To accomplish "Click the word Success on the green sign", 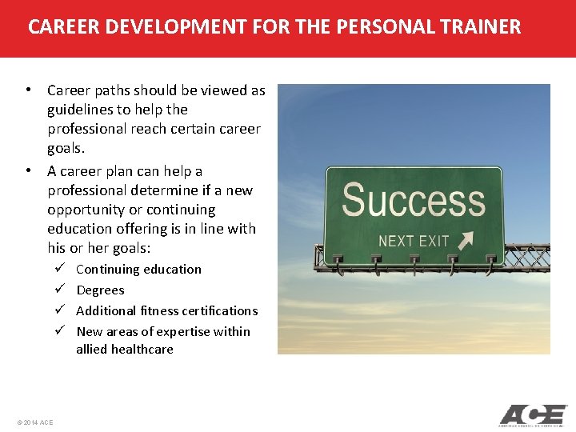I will [413, 200].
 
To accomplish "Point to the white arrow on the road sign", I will [464, 239].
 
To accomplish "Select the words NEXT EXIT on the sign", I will [414, 241].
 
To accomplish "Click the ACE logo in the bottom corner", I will [532, 415].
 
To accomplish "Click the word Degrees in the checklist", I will [100, 290].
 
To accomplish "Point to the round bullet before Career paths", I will [28, 90].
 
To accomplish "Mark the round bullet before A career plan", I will [28, 170].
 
